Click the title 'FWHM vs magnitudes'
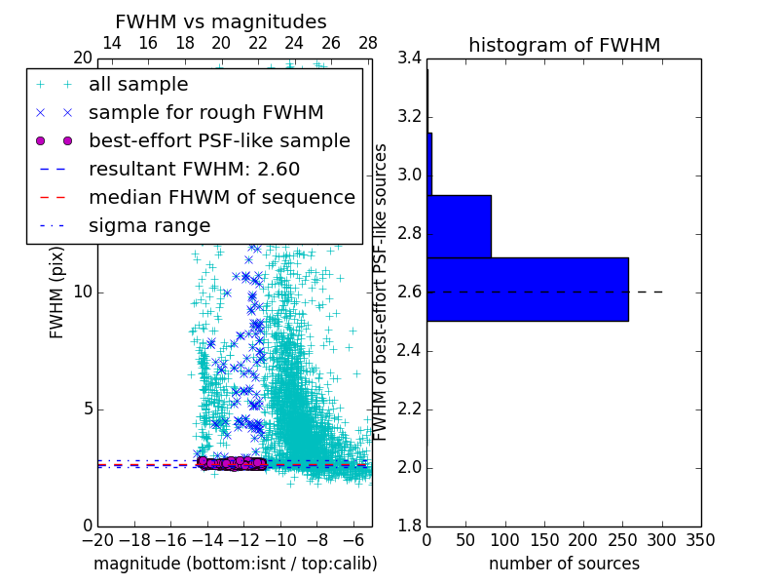[x=220, y=21]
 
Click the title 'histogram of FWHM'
[x=564, y=45]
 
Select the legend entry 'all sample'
[x=138, y=85]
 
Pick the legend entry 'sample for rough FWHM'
[x=205, y=112]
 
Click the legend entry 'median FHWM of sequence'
[x=221, y=197]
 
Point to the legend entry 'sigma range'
[x=149, y=225]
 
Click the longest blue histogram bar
[x=527, y=290]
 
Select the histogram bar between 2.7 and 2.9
[x=459, y=226]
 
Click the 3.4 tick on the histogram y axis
[x=410, y=58]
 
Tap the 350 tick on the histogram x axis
[x=701, y=540]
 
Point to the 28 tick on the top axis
[x=368, y=43]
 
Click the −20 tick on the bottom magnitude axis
[x=97, y=540]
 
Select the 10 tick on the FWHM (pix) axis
[x=83, y=292]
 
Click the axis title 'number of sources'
[x=564, y=564]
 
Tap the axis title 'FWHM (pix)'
[x=57, y=292]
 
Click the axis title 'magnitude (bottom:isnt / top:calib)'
[x=235, y=564]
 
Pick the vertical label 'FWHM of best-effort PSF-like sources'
[x=382, y=292]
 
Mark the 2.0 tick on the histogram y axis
[x=410, y=468]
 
